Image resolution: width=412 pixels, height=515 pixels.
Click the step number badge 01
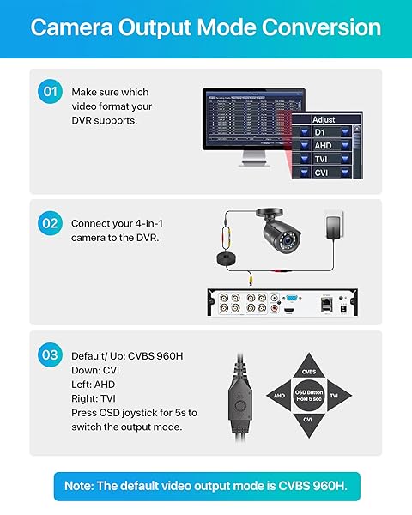[50, 92]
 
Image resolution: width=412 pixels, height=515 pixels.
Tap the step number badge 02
[50, 222]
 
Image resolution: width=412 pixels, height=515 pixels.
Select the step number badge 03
[50, 353]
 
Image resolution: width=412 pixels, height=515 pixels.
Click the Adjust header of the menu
[324, 119]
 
